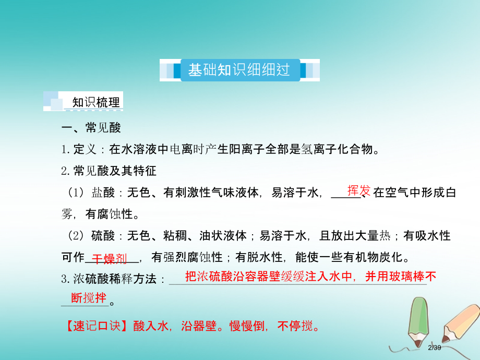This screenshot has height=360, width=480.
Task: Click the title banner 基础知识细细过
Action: tap(239, 70)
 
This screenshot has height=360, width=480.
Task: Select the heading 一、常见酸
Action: tap(91, 129)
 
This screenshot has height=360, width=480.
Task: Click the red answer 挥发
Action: tap(358, 190)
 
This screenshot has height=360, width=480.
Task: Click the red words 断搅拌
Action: tap(89, 298)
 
